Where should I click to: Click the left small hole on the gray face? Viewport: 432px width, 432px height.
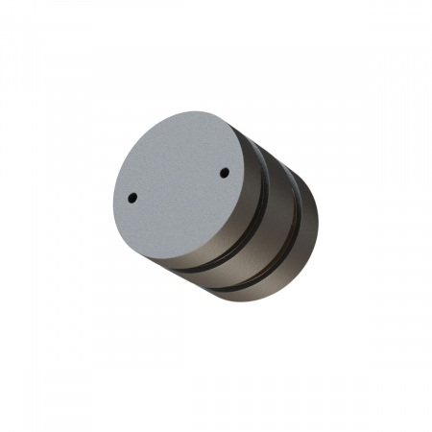pos(132,198)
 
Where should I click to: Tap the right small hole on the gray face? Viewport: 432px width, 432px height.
pos(224,174)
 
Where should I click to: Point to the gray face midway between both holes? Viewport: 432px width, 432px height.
pos(179,186)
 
